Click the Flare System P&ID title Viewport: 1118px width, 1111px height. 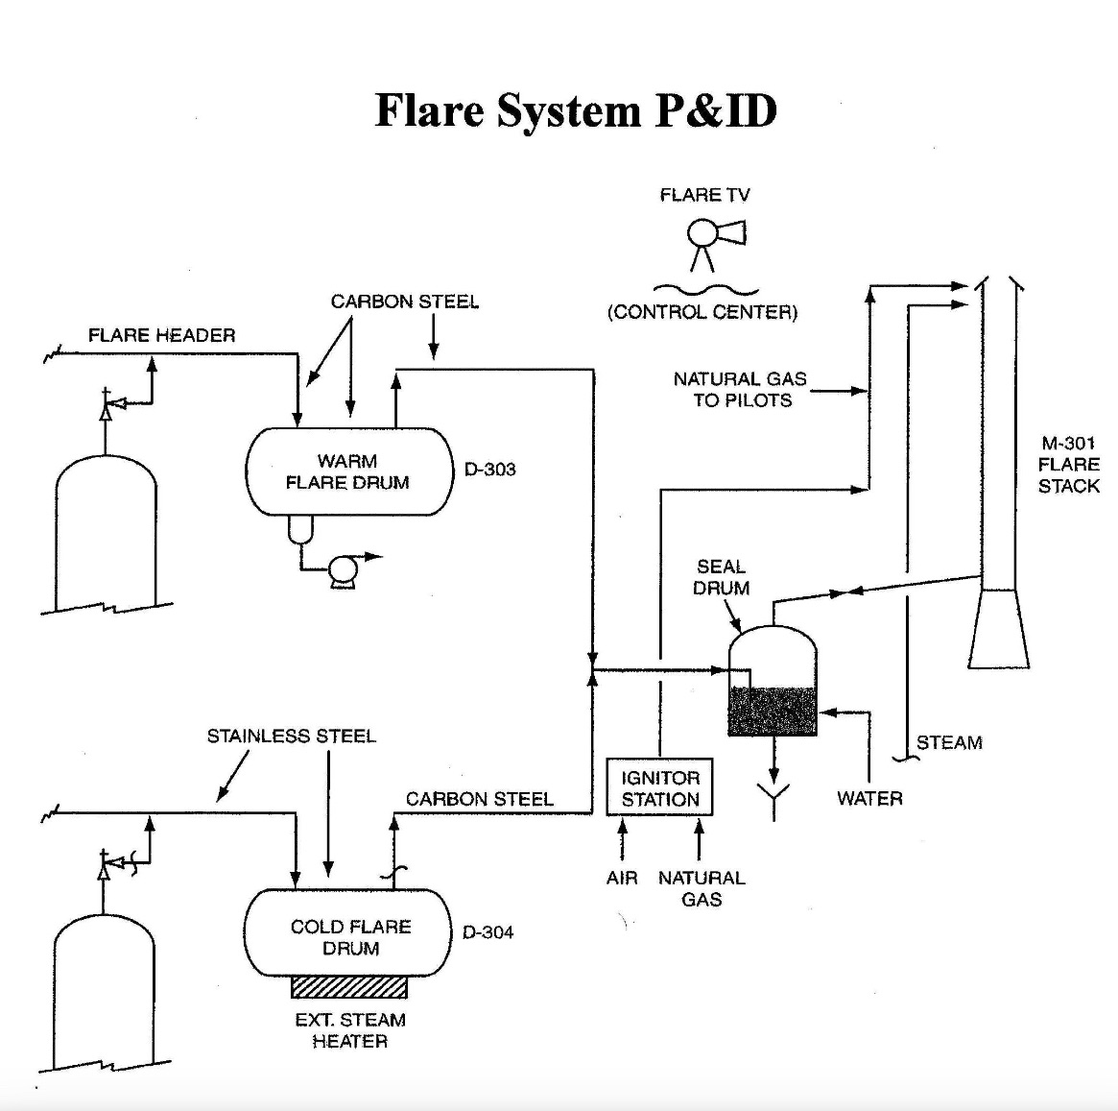pos(575,110)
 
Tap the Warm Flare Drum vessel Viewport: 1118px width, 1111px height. pos(348,471)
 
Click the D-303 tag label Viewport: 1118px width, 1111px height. pos(489,470)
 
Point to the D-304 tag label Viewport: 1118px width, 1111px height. pos(488,932)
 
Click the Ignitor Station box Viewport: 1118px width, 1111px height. pos(659,788)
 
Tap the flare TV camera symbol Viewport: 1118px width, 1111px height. pos(715,235)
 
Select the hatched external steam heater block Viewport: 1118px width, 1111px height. pos(348,987)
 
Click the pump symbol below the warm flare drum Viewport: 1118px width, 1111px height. pos(342,571)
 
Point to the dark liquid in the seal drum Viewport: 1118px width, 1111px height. pos(773,712)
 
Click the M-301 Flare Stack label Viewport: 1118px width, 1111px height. pos(1068,465)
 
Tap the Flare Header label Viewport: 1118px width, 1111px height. pos(161,335)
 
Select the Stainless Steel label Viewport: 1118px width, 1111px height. pos(291,737)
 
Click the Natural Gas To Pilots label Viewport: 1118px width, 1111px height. pos(741,390)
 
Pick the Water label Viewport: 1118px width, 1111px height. pos(869,799)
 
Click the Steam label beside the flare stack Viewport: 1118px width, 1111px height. pos(948,743)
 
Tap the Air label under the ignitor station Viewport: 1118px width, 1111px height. pos(622,878)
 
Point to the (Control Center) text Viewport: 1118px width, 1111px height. pos(702,312)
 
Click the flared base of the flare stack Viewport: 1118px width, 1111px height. pos(998,629)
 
